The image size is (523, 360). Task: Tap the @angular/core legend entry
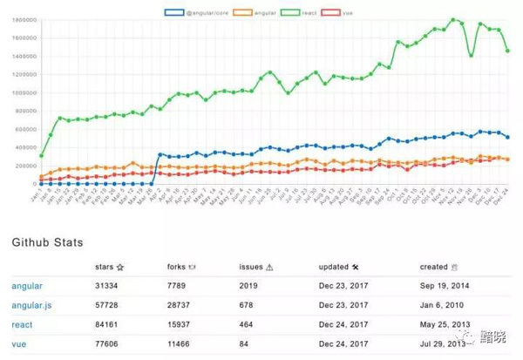pos(196,11)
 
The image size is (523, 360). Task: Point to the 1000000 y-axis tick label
pos(20,92)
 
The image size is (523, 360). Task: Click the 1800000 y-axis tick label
pos(20,19)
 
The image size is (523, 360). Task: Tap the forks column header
pos(180,268)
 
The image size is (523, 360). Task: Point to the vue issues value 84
pos(245,343)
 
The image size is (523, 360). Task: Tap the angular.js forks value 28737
pos(180,305)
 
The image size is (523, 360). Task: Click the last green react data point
pos(508,51)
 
